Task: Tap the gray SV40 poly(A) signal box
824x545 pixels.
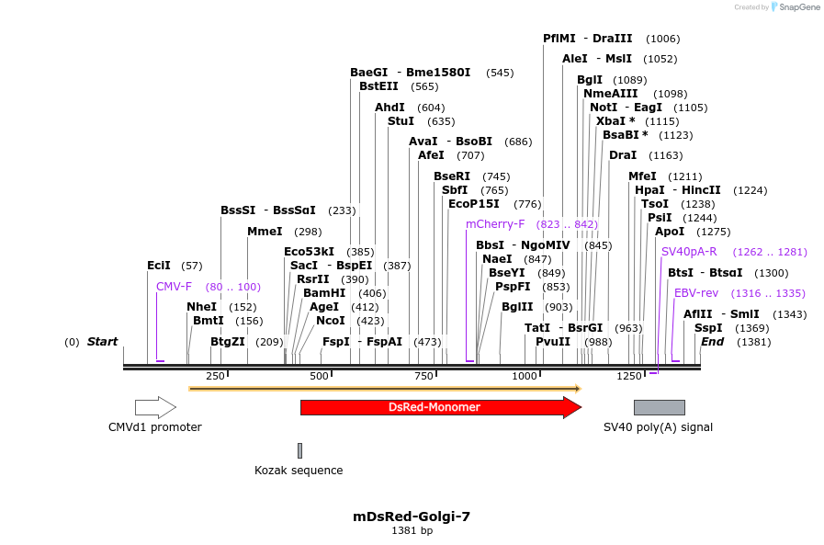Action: point(659,407)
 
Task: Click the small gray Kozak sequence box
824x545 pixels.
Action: point(299,450)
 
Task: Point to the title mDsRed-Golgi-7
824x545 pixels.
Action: point(412,517)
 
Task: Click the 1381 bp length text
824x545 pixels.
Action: point(412,530)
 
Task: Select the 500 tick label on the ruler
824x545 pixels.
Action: point(319,376)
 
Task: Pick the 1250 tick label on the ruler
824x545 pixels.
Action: point(629,376)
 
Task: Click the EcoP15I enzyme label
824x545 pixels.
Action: point(474,204)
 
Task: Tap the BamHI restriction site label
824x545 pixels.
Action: point(324,293)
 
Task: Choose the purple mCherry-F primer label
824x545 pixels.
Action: point(495,224)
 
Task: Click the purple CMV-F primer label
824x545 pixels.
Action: point(174,287)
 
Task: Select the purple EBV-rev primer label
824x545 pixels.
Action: point(696,293)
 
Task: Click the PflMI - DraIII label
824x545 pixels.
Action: point(587,39)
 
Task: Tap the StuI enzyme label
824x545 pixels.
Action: point(401,121)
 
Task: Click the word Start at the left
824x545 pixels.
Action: point(102,342)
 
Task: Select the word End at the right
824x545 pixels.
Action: point(713,342)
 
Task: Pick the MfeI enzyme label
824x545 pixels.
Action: point(642,176)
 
